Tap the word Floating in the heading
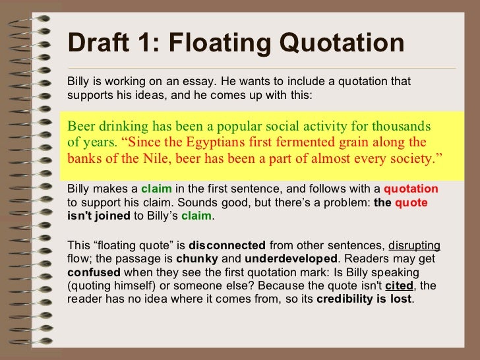[224, 44]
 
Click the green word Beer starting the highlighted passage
[82, 126]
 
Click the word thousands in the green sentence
[401, 126]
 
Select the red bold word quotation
[410, 189]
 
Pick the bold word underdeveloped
[284, 259]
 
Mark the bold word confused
[94, 272]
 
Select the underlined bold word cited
[400, 285]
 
